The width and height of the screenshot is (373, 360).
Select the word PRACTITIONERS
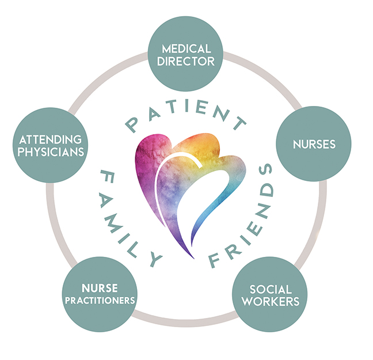point(100,300)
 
